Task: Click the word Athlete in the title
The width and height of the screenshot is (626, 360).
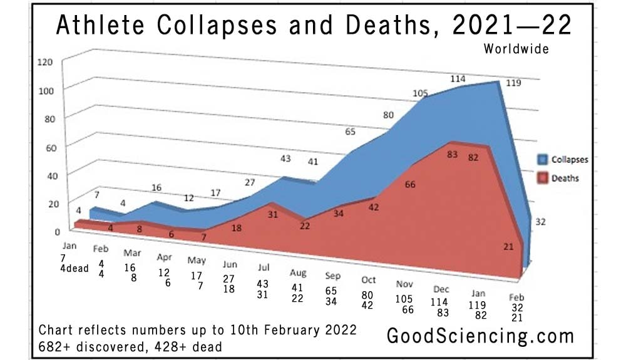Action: (x=100, y=25)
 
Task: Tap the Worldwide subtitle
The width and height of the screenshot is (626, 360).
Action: (x=516, y=49)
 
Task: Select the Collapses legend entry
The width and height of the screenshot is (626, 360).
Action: (x=563, y=160)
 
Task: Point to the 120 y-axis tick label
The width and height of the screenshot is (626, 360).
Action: (x=44, y=62)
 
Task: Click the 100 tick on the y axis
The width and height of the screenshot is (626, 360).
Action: (x=46, y=91)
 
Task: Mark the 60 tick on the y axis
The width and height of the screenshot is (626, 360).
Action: (x=51, y=148)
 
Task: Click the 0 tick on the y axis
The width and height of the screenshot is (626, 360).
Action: (x=58, y=232)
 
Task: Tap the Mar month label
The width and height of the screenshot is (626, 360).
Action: (x=132, y=253)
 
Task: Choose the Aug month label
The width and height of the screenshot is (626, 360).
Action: (x=298, y=273)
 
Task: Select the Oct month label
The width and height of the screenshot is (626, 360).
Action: (x=369, y=280)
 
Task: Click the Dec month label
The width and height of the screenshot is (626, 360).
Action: (x=441, y=289)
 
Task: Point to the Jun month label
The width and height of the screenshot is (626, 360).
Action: (x=230, y=264)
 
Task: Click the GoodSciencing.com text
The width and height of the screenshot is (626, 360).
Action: (x=480, y=336)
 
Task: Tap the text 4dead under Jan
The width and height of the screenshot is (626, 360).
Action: (x=74, y=268)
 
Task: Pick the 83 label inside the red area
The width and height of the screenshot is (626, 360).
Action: (x=452, y=154)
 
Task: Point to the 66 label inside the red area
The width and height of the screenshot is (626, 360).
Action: (x=410, y=185)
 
